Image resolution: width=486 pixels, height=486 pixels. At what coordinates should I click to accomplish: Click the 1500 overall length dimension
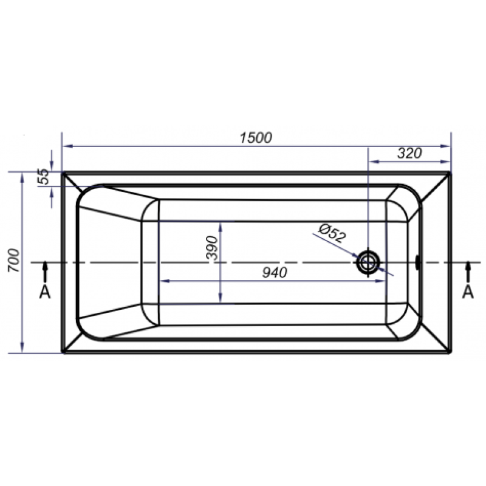[256, 138]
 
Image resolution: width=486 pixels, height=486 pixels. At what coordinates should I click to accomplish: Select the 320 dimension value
[409, 153]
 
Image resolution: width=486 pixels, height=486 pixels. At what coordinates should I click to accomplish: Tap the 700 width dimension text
[14, 261]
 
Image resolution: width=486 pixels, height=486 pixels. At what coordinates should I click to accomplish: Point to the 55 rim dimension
[44, 176]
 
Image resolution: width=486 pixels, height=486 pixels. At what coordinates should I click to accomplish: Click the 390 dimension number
[212, 248]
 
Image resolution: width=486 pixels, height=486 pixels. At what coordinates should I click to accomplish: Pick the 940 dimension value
[275, 273]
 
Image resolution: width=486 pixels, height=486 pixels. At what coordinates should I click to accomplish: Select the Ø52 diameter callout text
[332, 233]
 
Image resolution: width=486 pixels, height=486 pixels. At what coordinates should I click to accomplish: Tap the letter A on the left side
[45, 292]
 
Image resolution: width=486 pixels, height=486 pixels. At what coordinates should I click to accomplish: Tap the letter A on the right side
[468, 292]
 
